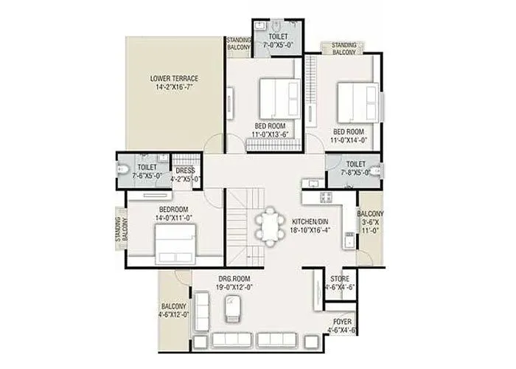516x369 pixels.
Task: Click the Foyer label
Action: pyautogui.click(x=342, y=327)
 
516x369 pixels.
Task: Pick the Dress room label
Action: pyautogui.click(x=185, y=174)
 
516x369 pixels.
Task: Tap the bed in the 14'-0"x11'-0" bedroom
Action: pyautogui.click(x=175, y=241)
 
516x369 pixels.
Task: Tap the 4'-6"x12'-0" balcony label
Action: pyautogui.click(x=175, y=310)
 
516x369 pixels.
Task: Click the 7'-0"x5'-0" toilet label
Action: pyautogui.click(x=279, y=40)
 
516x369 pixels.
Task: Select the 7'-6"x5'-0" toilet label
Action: pyautogui.click(x=145, y=171)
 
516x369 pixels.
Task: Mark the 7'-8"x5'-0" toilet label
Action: pyautogui.click(x=355, y=168)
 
